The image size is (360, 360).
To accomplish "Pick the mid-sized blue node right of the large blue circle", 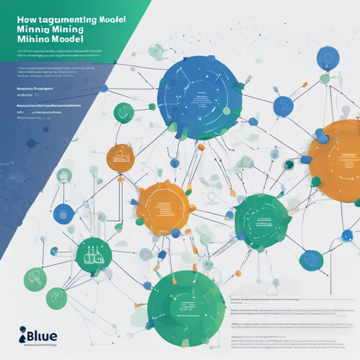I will coord(285,107).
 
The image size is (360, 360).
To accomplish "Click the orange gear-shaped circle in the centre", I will coord(163,207).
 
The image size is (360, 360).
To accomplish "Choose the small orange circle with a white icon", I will coord(119,159).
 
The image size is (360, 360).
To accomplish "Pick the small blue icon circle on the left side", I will coord(64,213).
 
